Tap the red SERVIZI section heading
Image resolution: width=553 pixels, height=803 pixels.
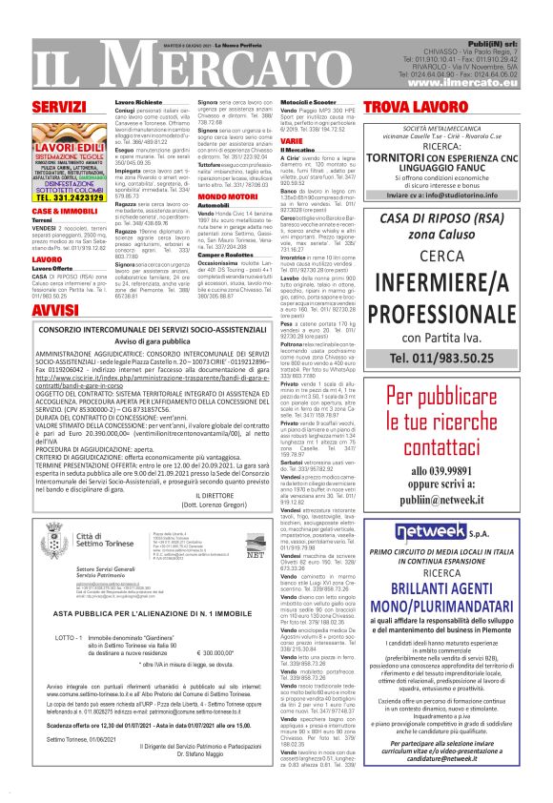[x=58, y=106]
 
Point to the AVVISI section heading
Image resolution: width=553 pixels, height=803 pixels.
[x=54, y=311]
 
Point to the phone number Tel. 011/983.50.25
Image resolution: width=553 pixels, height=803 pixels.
[x=440, y=358]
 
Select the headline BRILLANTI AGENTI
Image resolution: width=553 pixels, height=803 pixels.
[x=440, y=589]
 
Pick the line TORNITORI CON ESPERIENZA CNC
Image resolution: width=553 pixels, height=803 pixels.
[x=440, y=156]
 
